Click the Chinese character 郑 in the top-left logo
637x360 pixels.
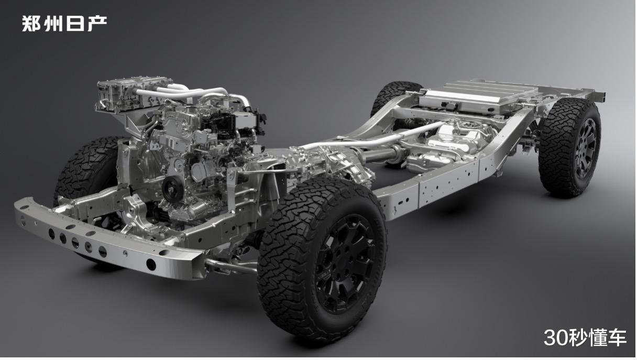point(31,23)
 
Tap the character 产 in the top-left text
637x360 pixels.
point(97,23)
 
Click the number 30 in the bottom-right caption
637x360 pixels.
point(554,337)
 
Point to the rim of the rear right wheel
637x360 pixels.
point(586,148)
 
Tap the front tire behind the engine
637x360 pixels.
point(88,168)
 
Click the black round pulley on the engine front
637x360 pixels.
point(172,189)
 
